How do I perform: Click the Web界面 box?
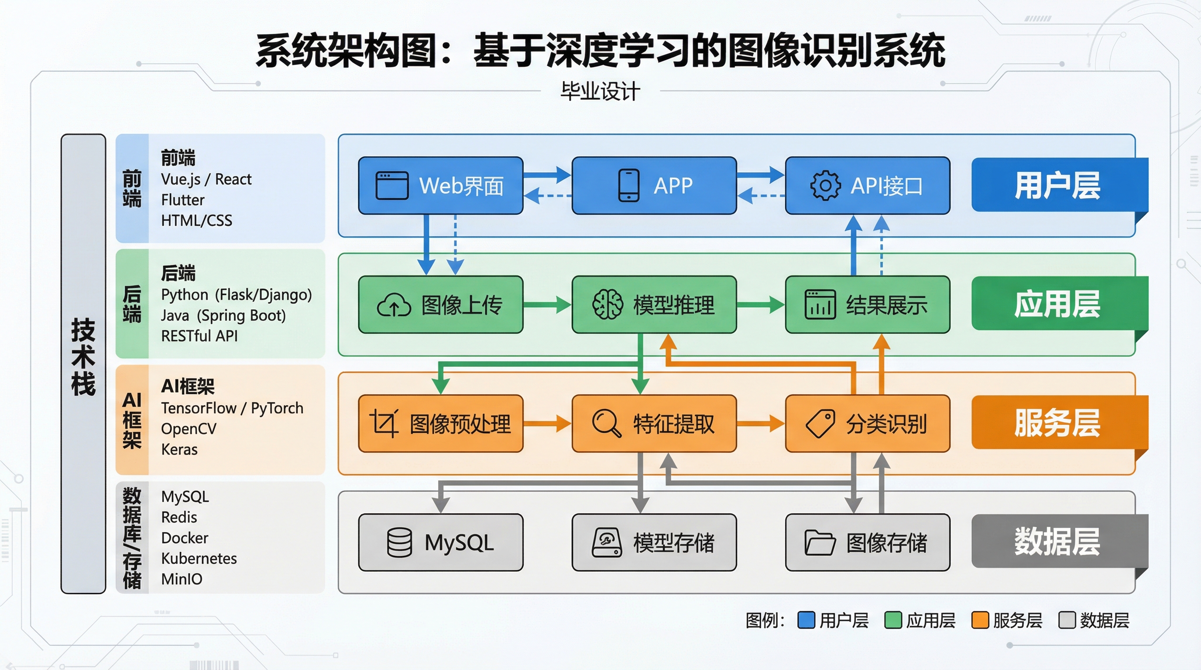440,185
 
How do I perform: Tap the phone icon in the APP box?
628,185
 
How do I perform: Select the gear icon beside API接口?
825,185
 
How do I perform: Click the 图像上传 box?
440,305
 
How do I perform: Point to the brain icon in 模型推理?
607,305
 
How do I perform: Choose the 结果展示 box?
867,305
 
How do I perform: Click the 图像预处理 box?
440,424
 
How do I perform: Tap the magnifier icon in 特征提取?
606,423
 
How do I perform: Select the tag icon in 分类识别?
820,424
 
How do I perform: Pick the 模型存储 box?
654,542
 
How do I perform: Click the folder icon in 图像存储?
819,542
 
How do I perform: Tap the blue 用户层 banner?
1057,185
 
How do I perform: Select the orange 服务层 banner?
1057,423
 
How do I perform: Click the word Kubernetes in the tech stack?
199,558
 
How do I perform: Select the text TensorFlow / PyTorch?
232,408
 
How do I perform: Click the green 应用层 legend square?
892,620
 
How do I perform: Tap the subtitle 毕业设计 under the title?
600,91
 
